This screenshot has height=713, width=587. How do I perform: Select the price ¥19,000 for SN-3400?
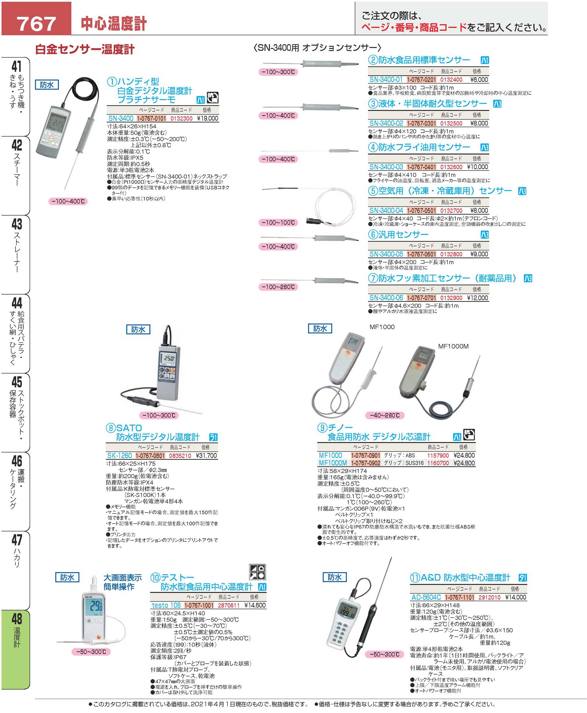[207, 118]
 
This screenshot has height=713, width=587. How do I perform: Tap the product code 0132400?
[451, 80]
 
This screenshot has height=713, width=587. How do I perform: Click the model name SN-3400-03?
[386, 167]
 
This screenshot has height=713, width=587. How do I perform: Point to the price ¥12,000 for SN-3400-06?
[477, 298]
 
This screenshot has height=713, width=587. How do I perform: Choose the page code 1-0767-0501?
[421, 211]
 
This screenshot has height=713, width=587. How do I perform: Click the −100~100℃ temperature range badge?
[278, 222]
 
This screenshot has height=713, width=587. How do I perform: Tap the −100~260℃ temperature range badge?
[278, 287]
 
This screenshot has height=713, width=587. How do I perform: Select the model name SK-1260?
[119, 456]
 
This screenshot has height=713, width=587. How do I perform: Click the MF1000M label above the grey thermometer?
[453, 346]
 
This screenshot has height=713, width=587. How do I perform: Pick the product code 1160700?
[438, 463]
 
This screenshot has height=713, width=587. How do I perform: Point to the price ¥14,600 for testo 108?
[255, 605]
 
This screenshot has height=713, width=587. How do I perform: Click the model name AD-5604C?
[426, 597]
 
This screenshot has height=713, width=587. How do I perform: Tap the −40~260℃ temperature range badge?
[384, 415]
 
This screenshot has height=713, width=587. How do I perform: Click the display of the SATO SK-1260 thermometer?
[169, 358]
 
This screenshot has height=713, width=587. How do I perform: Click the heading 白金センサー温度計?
[85, 50]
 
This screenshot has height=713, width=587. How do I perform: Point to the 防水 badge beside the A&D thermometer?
[334, 577]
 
